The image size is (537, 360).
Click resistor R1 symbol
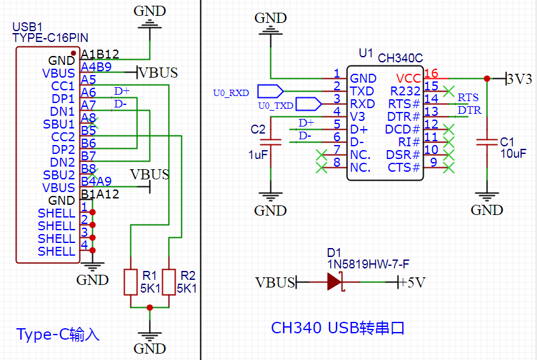coord(130,282)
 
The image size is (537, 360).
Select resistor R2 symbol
coord(169,282)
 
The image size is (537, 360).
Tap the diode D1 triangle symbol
coord(335,281)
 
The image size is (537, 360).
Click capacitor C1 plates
coord(487,142)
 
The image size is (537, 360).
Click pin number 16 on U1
coord(431,74)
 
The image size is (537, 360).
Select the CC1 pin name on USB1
coord(63,86)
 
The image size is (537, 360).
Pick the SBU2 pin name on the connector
coord(59,175)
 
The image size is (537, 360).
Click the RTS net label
coord(468,97)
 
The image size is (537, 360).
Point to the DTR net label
coord(469,111)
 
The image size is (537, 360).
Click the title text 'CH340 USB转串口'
coord(338,328)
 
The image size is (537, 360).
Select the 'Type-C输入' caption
coord(58,335)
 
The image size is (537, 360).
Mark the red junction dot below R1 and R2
coord(150,308)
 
